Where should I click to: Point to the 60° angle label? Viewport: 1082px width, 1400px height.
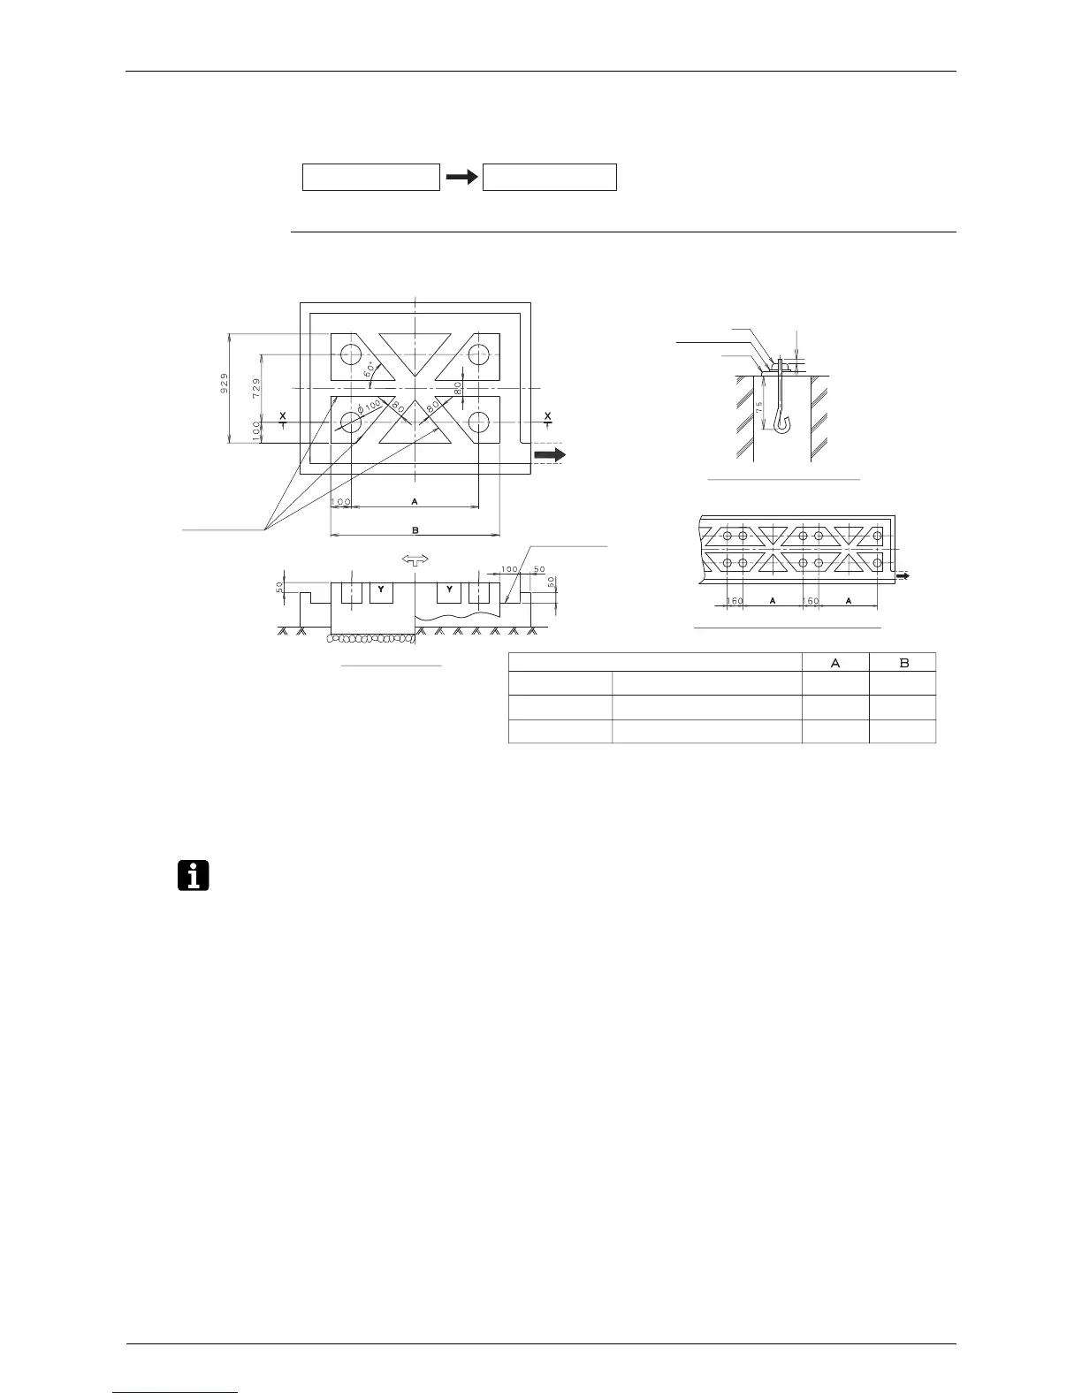coord(370,369)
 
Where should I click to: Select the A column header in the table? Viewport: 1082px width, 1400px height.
coord(835,662)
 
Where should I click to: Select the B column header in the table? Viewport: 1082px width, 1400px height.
coord(903,662)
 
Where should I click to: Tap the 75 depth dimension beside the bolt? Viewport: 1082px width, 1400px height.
coord(759,408)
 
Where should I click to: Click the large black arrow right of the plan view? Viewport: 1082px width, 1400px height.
coord(549,454)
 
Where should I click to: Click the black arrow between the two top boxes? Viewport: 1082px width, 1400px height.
coord(461,177)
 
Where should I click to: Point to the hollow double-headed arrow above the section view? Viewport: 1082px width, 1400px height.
coord(414,559)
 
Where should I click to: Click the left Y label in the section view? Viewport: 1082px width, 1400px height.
coord(381,589)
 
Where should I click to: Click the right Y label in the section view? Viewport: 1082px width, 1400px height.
coord(450,589)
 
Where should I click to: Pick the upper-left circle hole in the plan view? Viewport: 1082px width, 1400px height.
coord(352,354)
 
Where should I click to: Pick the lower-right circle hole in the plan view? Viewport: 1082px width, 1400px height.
coord(479,422)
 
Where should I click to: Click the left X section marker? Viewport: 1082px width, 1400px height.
coord(282,416)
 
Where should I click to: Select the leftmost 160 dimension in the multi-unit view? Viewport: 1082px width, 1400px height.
coord(735,600)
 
